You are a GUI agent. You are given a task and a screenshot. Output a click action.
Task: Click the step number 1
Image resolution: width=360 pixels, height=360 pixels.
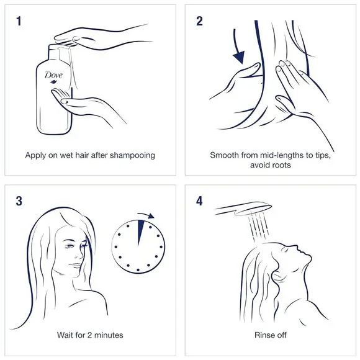(x=19, y=21)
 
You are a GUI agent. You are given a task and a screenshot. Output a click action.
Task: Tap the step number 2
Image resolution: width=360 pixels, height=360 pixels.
(x=199, y=21)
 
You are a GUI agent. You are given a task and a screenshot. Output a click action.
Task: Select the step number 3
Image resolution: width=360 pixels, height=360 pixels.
(x=19, y=201)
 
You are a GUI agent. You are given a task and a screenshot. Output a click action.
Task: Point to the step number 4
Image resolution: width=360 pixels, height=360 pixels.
(x=199, y=201)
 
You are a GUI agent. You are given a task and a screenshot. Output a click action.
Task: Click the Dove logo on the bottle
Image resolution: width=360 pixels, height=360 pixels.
(x=53, y=77)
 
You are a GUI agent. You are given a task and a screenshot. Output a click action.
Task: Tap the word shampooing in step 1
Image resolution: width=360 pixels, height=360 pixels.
(x=132, y=155)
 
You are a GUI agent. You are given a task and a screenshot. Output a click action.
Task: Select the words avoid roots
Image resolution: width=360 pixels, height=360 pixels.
(x=271, y=165)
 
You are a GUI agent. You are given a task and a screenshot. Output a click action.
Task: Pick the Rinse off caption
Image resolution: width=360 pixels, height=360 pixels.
(x=271, y=335)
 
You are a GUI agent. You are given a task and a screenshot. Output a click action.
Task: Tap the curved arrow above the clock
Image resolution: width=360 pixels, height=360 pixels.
(x=146, y=215)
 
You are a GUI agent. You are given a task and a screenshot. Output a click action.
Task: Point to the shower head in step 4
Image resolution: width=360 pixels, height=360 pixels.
(x=243, y=209)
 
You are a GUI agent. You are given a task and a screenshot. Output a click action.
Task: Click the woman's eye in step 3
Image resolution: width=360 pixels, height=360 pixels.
(x=70, y=246)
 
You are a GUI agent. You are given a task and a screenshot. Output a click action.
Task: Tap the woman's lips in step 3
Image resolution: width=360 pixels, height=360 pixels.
(x=76, y=265)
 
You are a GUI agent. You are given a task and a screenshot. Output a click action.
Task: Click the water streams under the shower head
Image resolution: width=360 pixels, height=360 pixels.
(x=258, y=227)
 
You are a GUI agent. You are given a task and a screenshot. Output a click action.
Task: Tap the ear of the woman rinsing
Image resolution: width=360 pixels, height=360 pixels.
(x=277, y=275)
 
